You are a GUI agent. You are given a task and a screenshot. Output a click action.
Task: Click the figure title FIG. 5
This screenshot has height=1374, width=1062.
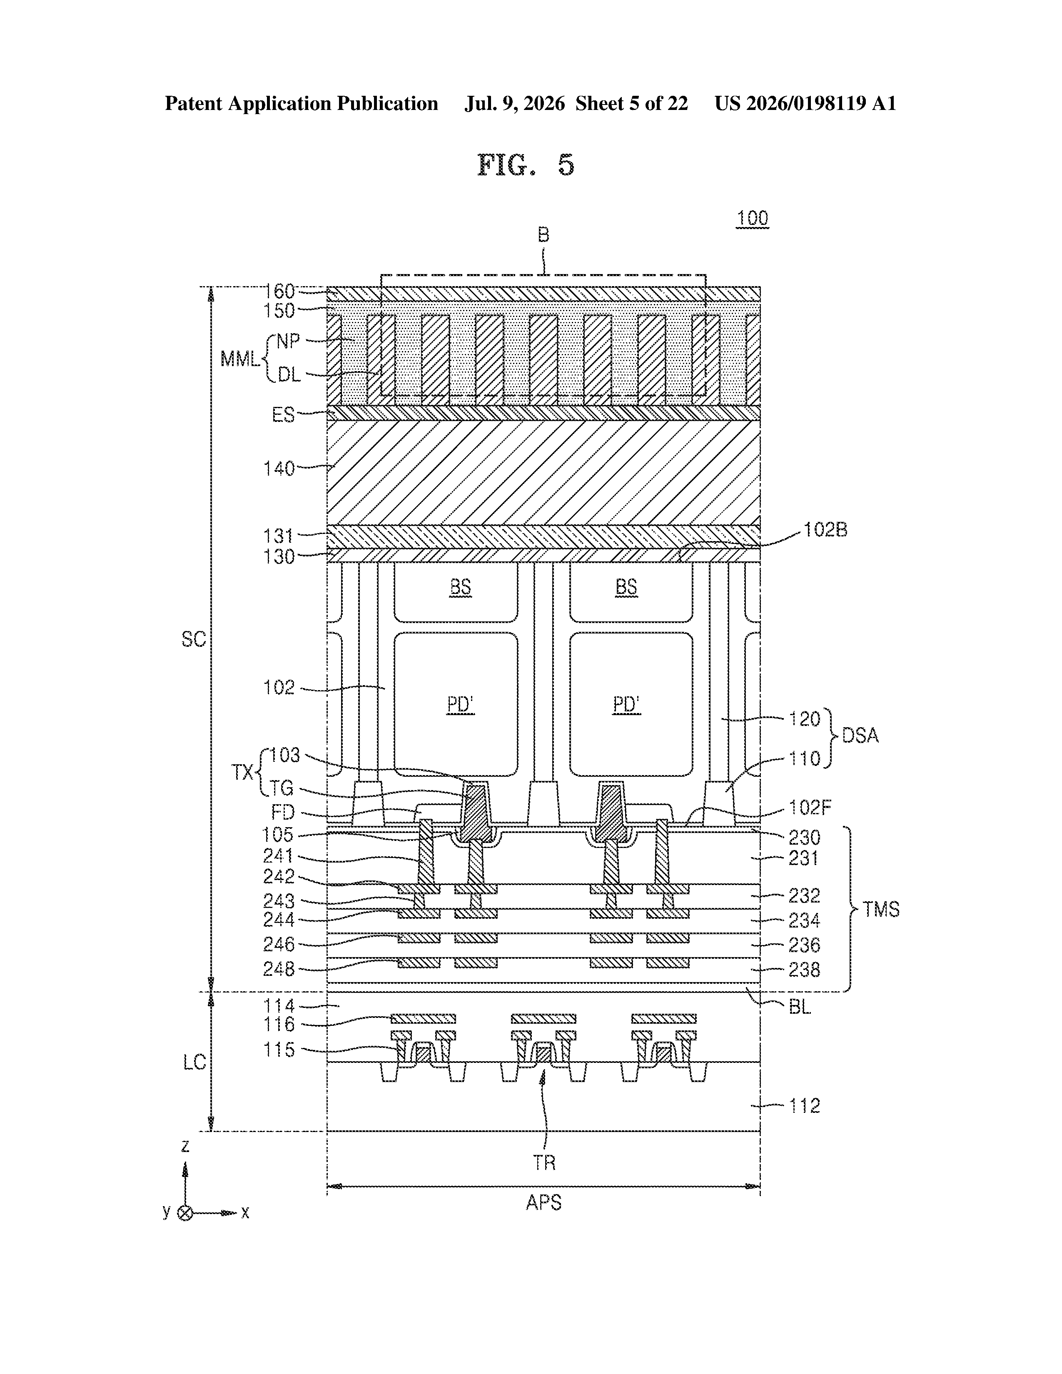coord(526,165)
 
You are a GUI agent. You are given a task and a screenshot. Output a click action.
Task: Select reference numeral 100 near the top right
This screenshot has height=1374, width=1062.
coord(753,218)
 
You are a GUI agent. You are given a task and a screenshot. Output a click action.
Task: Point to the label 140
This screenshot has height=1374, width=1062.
coord(279,469)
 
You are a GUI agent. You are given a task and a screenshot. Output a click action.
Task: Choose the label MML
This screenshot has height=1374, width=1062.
coord(240,360)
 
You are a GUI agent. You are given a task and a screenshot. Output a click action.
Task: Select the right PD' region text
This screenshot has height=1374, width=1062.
coord(627,705)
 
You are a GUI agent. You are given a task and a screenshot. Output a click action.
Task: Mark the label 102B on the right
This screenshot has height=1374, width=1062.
coord(825,530)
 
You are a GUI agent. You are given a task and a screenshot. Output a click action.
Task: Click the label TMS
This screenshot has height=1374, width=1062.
coord(881,909)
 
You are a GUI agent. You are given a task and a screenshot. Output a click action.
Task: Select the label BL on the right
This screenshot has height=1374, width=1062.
coord(800,1007)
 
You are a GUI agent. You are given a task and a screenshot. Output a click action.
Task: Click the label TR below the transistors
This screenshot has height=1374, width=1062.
coord(545,1162)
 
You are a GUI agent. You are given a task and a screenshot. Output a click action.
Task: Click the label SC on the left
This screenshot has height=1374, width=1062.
coord(194,639)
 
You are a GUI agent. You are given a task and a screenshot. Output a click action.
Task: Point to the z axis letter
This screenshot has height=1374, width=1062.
coord(185,1146)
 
